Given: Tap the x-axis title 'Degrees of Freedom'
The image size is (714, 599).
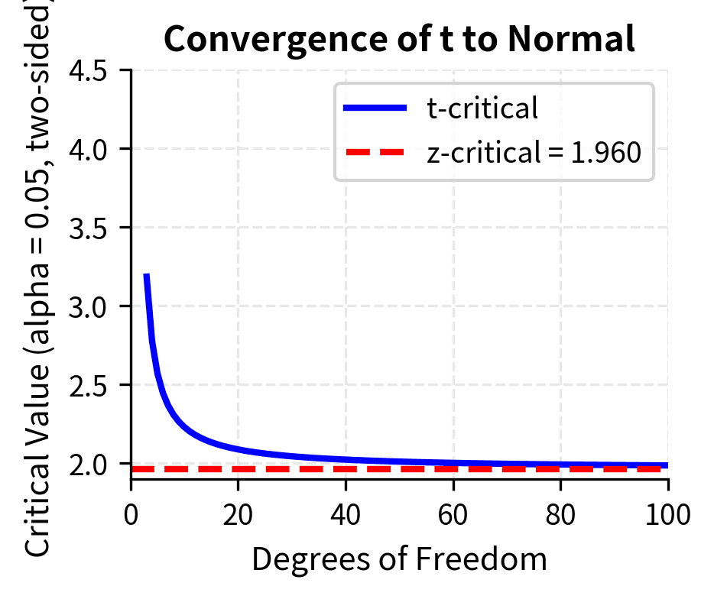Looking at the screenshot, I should coord(399,559).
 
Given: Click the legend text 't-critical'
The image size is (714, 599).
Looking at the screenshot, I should coord(482,109).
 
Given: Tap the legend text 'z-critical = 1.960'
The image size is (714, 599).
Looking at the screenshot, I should coord(533,153).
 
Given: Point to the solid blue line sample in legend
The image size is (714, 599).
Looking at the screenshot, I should coord(375,109).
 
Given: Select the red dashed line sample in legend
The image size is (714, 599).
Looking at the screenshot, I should coord(375,153).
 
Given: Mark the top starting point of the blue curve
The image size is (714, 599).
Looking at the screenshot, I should coord(146,276).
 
